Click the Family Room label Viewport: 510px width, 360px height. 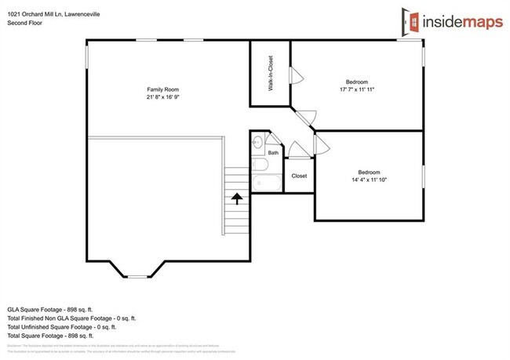coord(159,90)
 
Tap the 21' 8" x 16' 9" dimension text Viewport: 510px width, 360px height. coord(159,98)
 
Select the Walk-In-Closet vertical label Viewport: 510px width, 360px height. coord(271,75)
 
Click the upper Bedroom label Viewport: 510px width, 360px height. coord(357,82)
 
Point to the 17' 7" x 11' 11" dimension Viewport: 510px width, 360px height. coord(357,89)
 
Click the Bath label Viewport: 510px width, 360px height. coord(273,153)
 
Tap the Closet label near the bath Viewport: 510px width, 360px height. coord(299,176)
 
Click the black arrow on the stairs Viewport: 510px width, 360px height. coord(235,199)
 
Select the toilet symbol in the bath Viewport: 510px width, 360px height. coord(258,143)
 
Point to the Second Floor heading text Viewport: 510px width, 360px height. coord(25,24)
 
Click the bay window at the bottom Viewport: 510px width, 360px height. coord(138,275)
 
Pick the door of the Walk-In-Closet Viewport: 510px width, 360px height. coord(295,76)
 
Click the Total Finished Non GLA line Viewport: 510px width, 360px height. coord(71,318)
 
